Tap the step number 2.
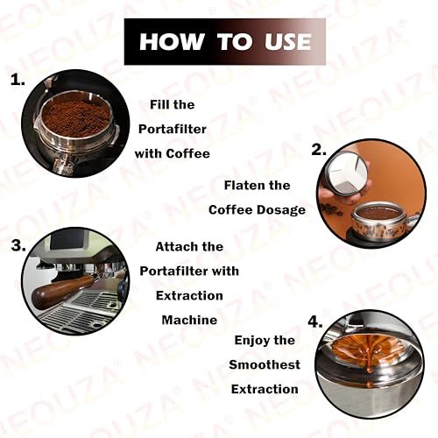point(320,150)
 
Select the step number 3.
point(18,244)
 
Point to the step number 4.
point(313,321)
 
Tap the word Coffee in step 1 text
point(190,152)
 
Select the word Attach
point(176,246)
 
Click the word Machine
point(189,320)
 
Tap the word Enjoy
point(253,339)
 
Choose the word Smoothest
point(265,364)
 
